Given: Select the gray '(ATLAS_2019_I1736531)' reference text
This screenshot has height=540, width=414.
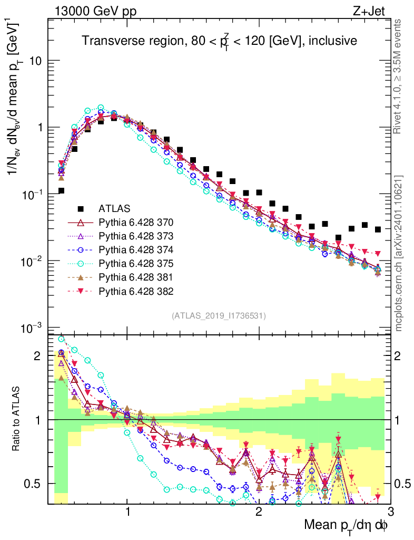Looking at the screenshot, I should click(219, 316).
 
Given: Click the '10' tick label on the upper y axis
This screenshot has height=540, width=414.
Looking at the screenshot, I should click(35, 61).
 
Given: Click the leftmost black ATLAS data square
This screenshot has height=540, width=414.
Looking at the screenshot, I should click(61, 191).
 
